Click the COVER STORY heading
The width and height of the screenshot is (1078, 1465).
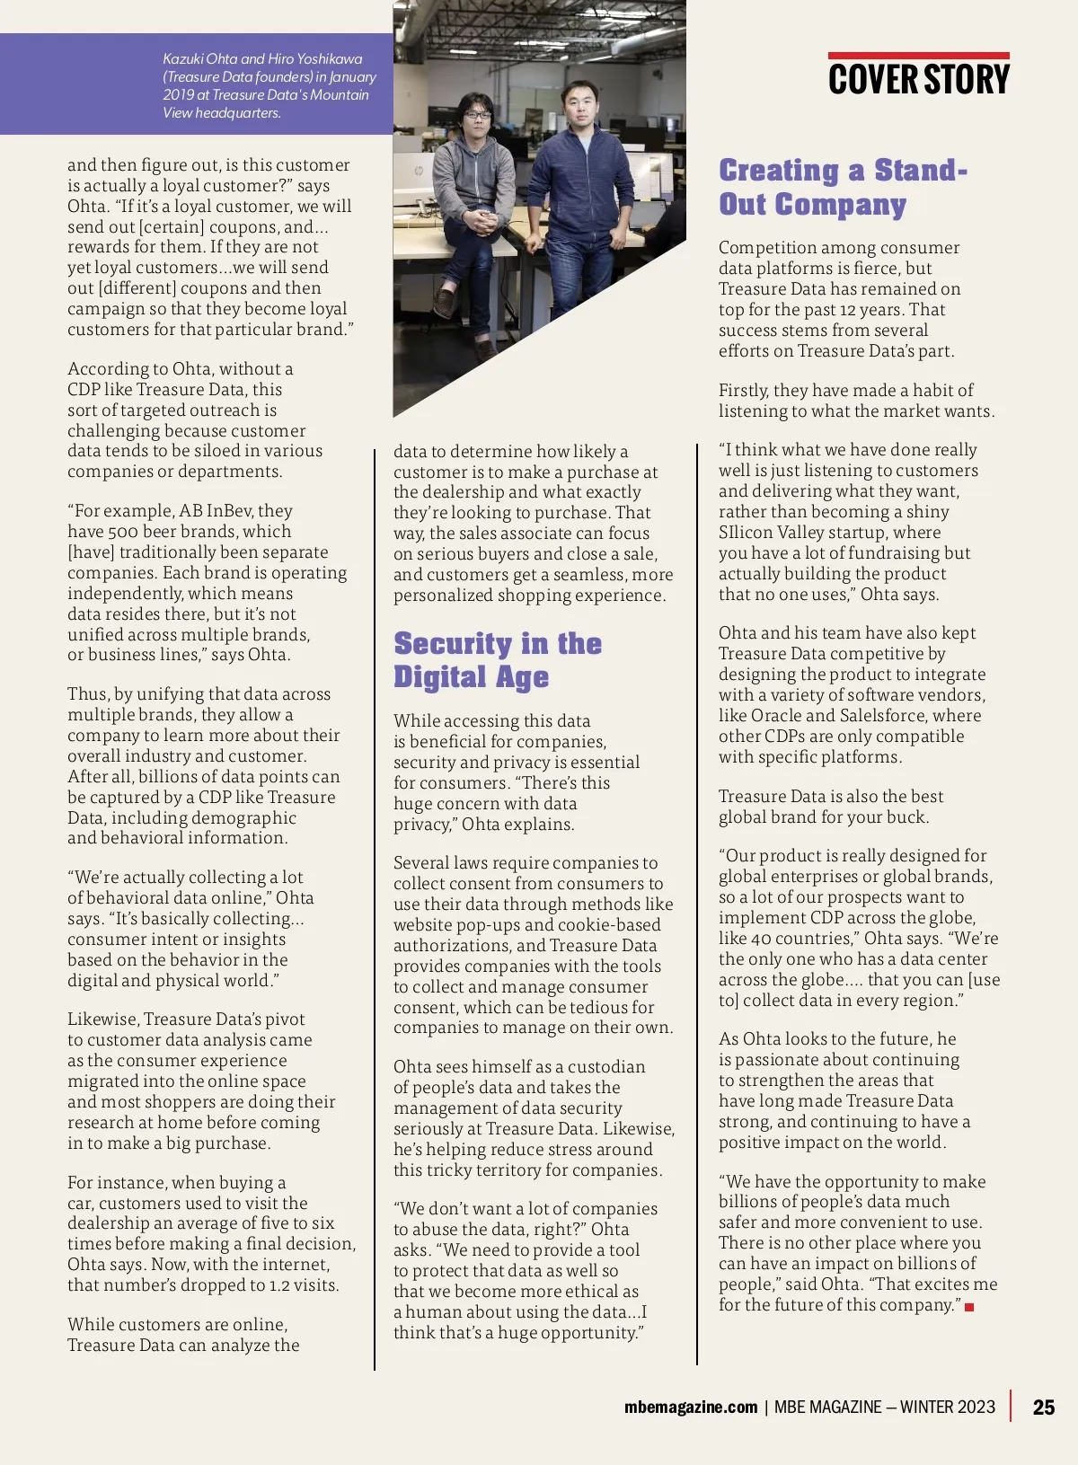[x=918, y=79]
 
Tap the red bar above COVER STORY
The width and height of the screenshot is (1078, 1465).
[x=918, y=56]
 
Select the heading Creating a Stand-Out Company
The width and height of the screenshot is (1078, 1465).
[x=843, y=187]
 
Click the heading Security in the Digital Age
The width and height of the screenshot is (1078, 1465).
[x=498, y=659]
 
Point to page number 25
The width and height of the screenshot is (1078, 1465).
[x=1044, y=1408]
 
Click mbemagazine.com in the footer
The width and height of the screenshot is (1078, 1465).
[x=691, y=1408]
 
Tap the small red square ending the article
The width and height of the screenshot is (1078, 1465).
[x=969, y=1307]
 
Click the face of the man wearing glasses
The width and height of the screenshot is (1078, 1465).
[x=478, y=114]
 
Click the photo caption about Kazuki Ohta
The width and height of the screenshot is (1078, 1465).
[x=268, y=85]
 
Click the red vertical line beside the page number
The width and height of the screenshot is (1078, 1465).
[x=1012, y=1406]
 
